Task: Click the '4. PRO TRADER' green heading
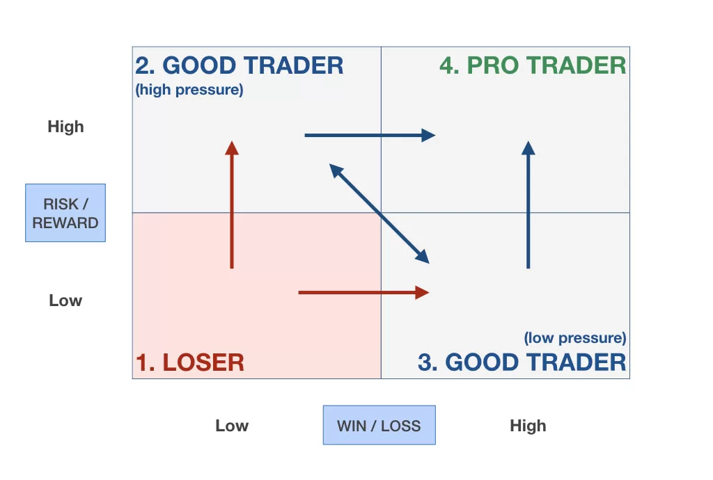tap(533, 65)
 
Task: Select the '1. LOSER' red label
tap(189, 362)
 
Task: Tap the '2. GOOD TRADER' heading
tap(239, 65)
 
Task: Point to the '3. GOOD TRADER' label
tap(522, 362)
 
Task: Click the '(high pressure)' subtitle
tap(189, 90)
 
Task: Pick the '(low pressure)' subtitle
tap(574, 338)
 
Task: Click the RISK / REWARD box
tap(65, 213)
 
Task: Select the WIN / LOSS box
tap(379, 425)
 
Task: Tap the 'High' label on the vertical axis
tap(65, 127)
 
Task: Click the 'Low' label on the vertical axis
tap(65, 301)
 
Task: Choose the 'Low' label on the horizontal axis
tap(232, 426)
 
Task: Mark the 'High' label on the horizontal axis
tap(528, 426)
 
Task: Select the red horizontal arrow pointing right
tap(362, 292)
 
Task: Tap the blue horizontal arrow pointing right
tap(369, 135)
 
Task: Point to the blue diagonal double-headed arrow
tap(379, 214)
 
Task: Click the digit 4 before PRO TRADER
tap(448, 65)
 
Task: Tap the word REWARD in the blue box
tap(65, 223)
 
